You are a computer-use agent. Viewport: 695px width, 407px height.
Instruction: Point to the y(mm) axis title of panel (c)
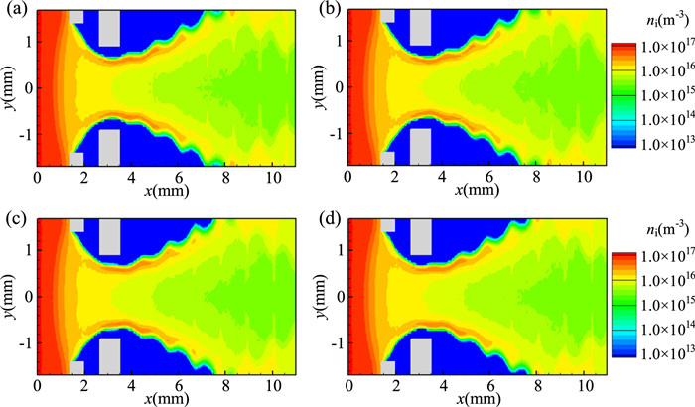(x=9, y=294)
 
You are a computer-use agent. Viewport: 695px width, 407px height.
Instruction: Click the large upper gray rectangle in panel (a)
(x=109, y=28)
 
